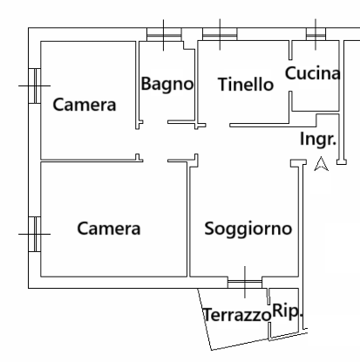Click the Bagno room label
point(166,85)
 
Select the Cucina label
point(311,74)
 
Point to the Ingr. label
point(318,139)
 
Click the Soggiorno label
point(248,229)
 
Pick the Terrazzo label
point(236,314)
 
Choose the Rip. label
point(288,311)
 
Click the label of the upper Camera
point(85,106)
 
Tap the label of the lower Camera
point(109,229)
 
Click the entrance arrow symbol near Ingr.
point(321,163)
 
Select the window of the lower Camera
point(34,233)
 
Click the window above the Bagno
point(163,35)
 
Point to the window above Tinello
point(220,35)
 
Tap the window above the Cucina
point(316,35)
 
